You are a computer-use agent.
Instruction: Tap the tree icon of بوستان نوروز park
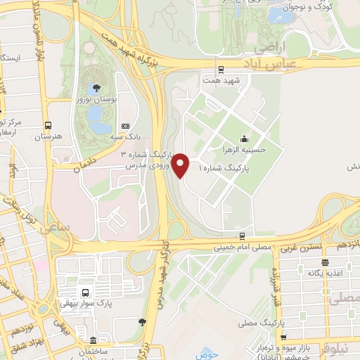click(x=96, y=88)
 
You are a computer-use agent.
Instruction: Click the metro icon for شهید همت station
click(x=221, y=69)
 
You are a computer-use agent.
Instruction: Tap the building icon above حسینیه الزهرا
click(x=243, y=138)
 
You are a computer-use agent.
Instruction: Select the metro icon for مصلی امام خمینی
click(x=242, y=236)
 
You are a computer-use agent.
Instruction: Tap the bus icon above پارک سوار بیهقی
click(x=85, y=292)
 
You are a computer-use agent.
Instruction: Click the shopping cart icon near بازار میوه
click(x=283, y=337)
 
